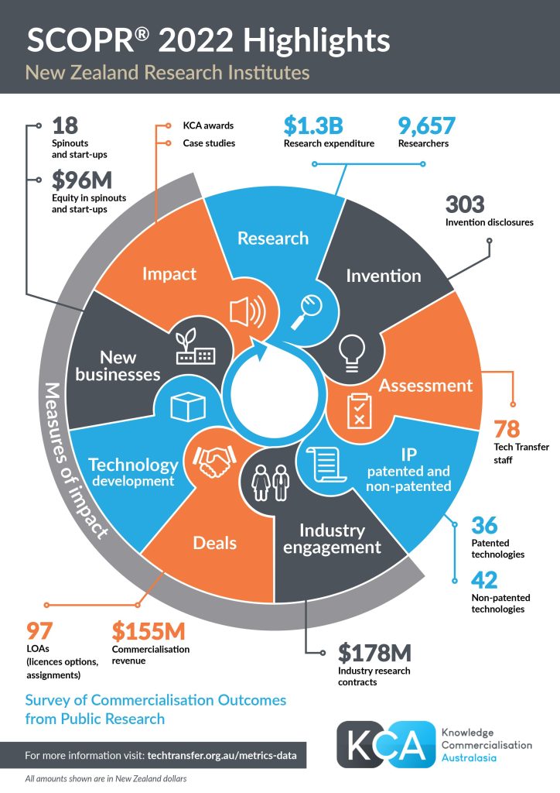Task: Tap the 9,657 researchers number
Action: pyautogui.click(x=426, y=125)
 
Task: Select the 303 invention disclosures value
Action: pyautogui.click(x=465, y=204)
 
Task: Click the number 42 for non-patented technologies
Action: pyautogui.click(x=484, y=579)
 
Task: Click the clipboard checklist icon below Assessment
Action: pyautogui.click(x=357, y=409)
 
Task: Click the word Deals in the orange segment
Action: pyautogui.click(x=215, y=542)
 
